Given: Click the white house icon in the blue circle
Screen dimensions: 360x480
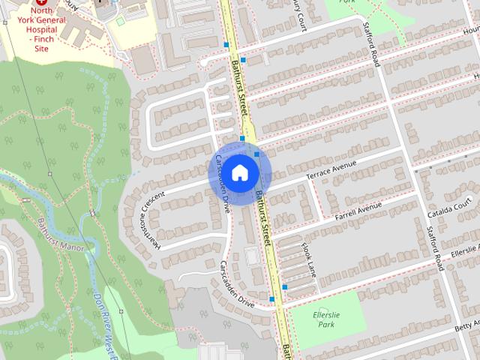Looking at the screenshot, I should [238, 172].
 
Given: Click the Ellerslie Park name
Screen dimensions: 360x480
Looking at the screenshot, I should [326, 319].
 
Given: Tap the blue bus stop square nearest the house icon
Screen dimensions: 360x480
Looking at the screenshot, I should [256, 154].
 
